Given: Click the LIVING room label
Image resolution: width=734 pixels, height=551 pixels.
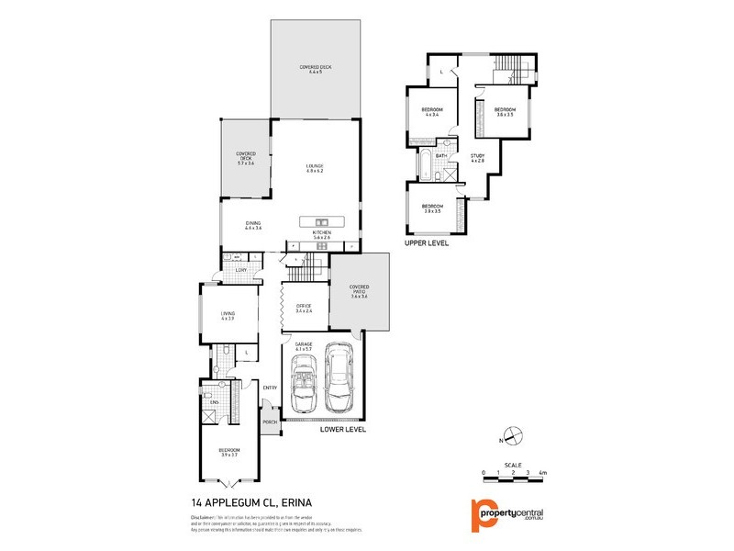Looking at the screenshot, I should tap(228, 316).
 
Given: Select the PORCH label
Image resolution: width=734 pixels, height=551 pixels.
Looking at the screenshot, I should tap(270, 422).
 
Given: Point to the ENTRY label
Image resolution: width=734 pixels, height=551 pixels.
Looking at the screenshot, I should tap(270, 388).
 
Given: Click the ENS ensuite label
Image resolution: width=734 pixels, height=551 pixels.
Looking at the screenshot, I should tap(213, 402).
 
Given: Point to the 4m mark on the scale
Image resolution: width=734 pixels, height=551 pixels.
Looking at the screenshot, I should tap(542, 472).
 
